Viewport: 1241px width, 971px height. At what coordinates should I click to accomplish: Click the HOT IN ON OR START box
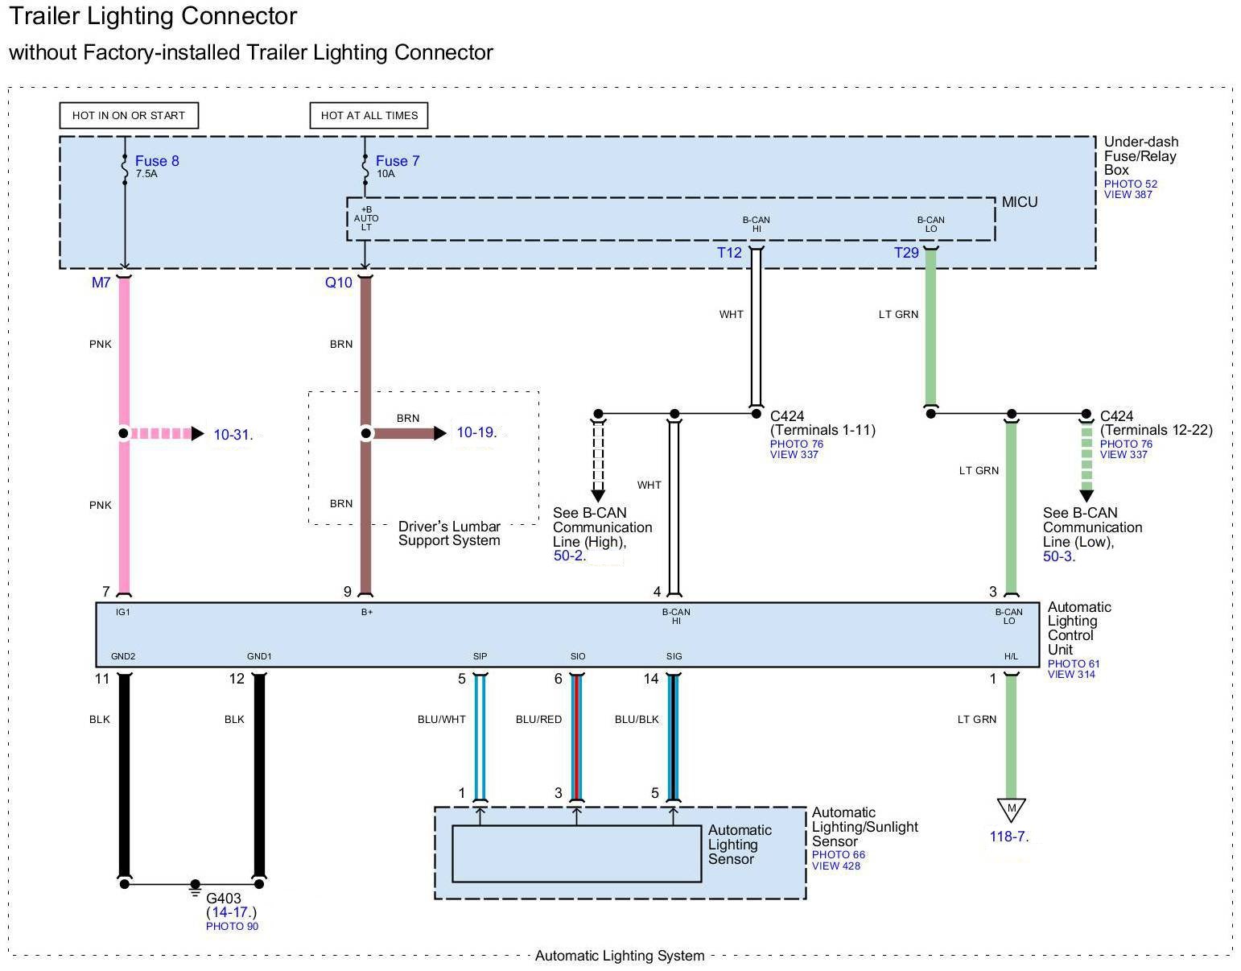[x=129, y=115]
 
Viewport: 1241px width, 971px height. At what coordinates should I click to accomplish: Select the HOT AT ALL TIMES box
[x=369, y=115]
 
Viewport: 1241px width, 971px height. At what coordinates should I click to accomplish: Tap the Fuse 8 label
[x=157, y=161]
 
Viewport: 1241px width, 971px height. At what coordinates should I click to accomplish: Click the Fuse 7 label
[x=398, y=161]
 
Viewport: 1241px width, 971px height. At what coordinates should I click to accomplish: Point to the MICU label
[x=1020, y=202]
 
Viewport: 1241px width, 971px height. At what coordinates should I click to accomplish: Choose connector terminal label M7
[x=101, y=283]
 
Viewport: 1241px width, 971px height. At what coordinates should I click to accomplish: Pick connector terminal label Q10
[x=339, y=283]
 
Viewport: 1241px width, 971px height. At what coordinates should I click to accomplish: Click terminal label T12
[x=729, y=253]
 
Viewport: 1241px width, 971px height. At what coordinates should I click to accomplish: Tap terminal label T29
[x=906, y=253]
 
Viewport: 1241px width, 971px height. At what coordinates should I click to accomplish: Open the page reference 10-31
[x=231, y=435]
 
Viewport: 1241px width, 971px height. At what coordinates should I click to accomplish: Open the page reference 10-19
[x=475, y=432]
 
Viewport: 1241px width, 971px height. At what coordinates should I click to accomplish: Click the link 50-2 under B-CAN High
[x=567, y=556]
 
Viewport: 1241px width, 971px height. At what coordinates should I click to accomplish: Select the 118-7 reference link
[x=1007, y=837]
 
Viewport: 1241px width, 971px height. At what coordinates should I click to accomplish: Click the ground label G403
[x=224, y=899]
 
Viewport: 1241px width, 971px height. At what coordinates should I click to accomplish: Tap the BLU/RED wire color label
[x=538, y=719]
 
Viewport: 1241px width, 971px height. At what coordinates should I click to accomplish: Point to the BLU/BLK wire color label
[x=637, y=719]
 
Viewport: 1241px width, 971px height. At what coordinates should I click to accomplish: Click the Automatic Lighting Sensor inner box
[x=576, y=853]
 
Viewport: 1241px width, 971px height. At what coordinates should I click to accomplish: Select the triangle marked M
[x=1011, y=808]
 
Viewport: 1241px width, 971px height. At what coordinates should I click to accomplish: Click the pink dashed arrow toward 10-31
[x=165, y=434]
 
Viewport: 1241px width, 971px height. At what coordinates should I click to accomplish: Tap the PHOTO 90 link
[x=232, y=927]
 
